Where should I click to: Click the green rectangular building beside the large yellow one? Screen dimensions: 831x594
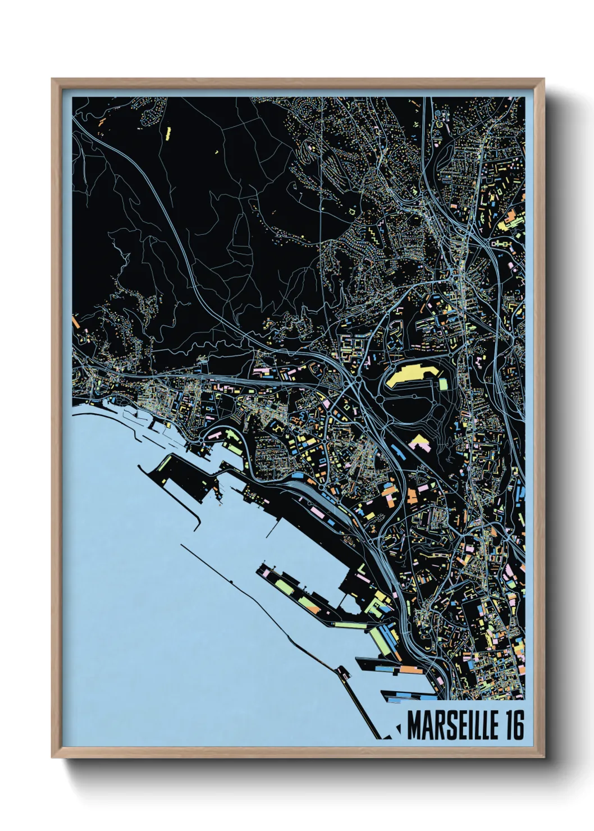[443, 384]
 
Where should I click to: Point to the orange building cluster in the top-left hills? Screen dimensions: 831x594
[102, 121]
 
